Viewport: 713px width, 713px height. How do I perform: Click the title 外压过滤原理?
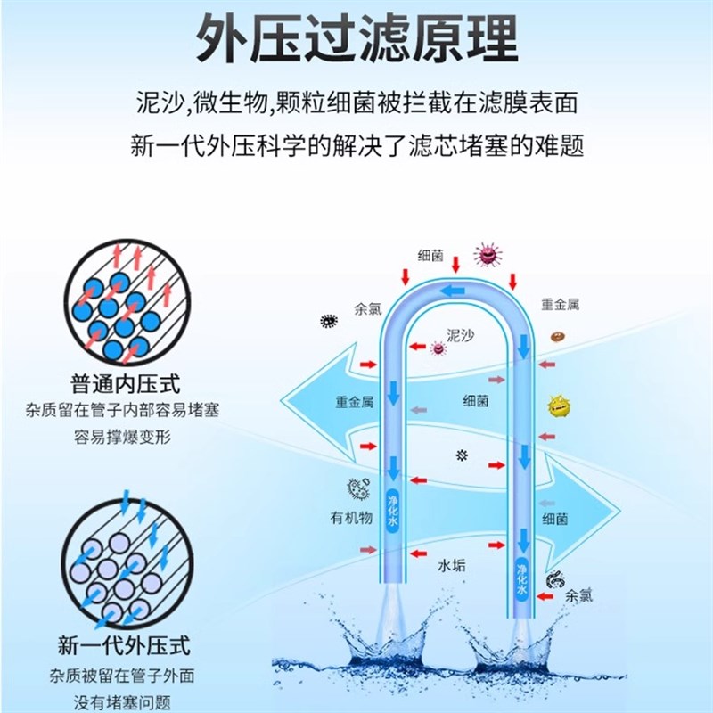(x=356, y=39)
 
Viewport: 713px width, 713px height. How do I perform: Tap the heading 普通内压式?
(x=125, y=386)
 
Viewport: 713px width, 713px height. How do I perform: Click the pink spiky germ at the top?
(x=486, y=255)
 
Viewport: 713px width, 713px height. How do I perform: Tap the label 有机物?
(x=350, y=518)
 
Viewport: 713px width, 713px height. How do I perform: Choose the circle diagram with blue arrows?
(x=125, y=561)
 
